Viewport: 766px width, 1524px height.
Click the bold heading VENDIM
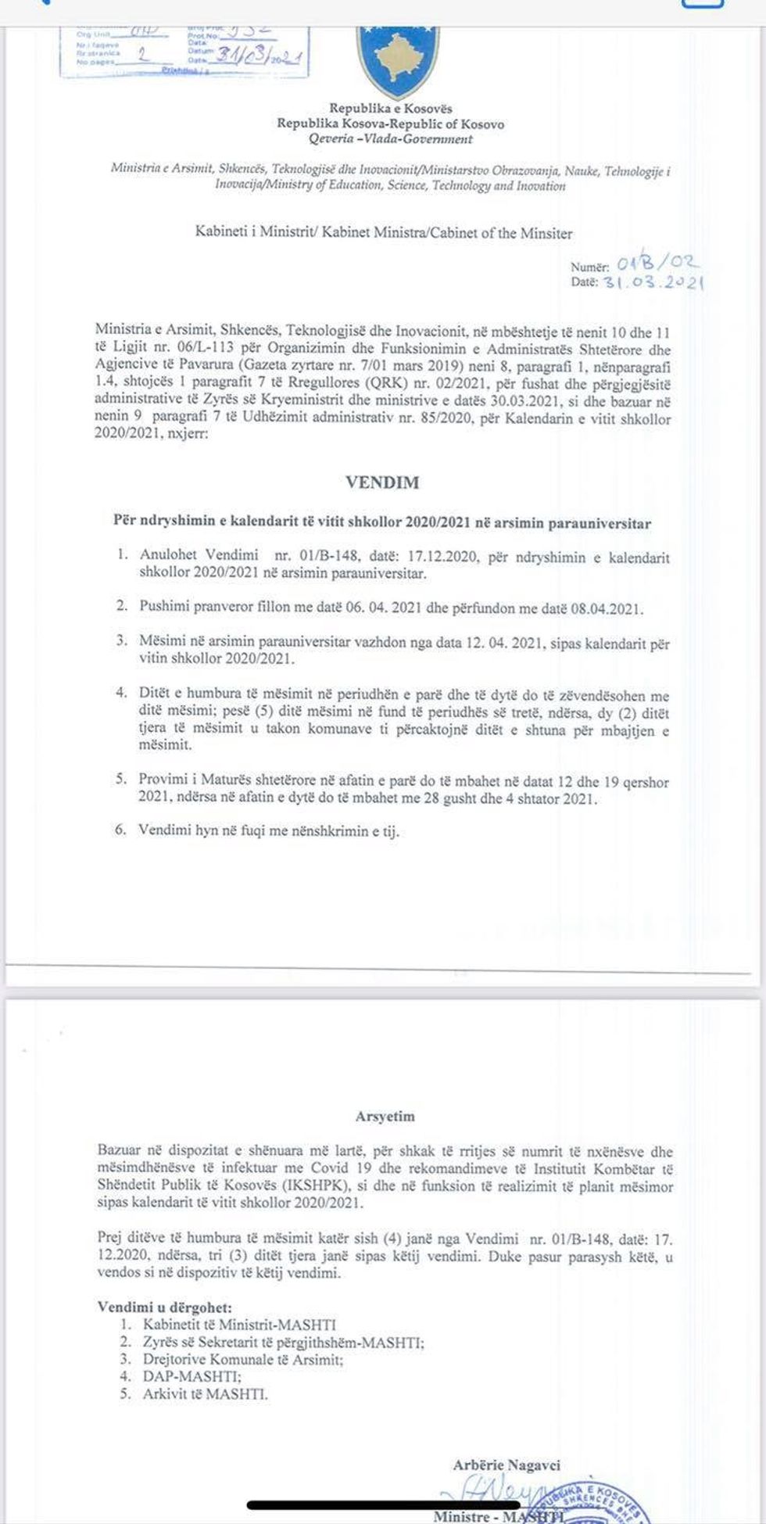382,482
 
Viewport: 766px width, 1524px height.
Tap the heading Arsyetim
385,1117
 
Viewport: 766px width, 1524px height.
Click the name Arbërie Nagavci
506,1465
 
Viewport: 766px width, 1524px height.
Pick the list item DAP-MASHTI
191,1376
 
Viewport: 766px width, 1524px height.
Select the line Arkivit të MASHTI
205,1393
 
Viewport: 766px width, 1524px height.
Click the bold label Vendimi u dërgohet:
164,1307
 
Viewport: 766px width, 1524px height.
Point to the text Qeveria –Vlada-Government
390,139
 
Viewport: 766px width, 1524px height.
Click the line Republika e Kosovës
390,109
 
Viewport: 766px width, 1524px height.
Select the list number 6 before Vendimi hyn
120,830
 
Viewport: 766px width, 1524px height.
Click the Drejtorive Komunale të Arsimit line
242,1359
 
